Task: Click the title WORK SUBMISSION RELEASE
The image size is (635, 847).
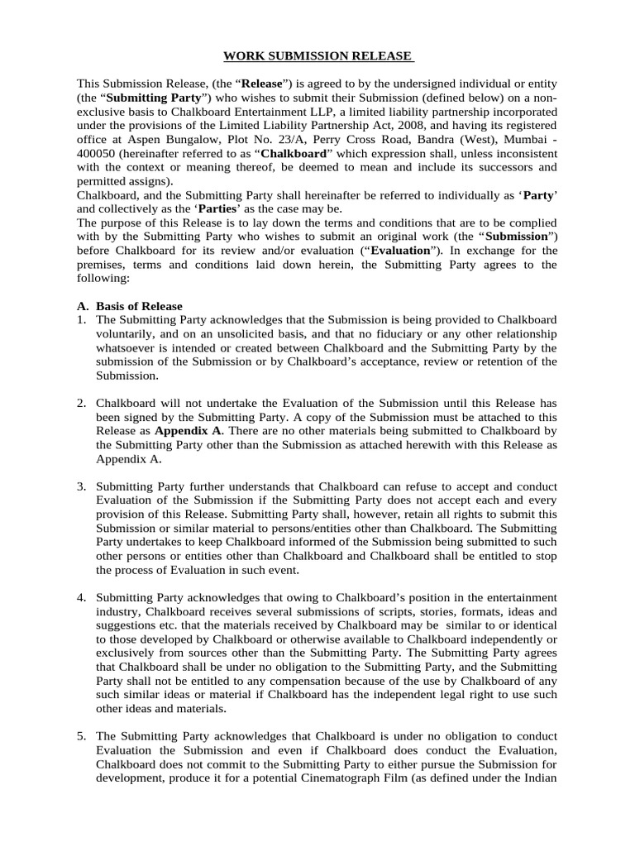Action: tap(318, 56)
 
